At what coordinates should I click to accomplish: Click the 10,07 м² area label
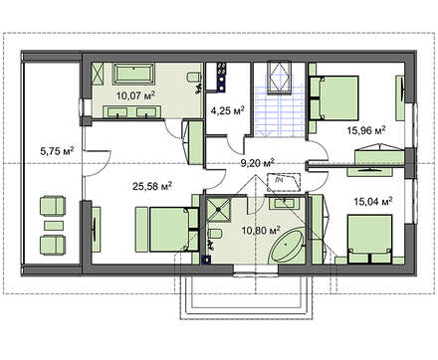coord(135,96)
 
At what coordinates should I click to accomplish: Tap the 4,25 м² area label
coord(228,110)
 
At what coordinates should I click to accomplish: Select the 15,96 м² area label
coord(366,130)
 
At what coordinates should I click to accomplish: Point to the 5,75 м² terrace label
coord(57,151)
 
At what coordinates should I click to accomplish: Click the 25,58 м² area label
coord(152,186)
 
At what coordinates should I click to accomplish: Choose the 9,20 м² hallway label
coord(258,163)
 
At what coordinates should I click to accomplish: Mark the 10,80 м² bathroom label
coord(262,230)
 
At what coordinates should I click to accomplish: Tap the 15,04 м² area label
coord(373,201)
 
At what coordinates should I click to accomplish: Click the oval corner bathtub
coord(288,246)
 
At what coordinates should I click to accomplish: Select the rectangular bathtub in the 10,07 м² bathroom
coord(133,74)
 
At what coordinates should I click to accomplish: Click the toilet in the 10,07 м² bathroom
coord(194,78)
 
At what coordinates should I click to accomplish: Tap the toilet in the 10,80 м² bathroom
coord(215,234)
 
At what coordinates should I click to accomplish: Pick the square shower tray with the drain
coord(218,210)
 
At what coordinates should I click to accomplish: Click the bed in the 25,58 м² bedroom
coord(166,229)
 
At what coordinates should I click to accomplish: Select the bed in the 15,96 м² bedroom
coord(333,97)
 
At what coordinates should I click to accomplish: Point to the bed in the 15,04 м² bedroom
coord(369,239)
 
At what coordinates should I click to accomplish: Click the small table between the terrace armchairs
coord(54,226)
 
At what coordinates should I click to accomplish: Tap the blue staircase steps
coord(280,109)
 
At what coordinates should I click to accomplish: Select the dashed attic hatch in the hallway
coord(284,182)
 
